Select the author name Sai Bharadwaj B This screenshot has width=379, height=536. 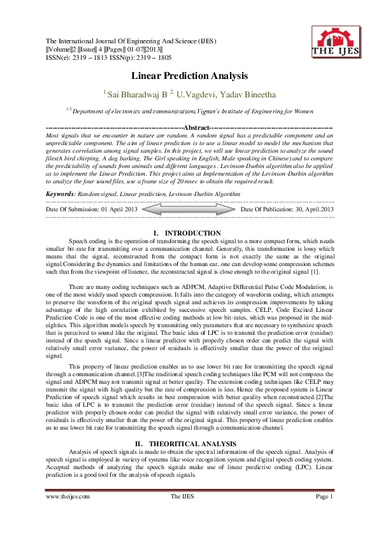(x=136, y=94)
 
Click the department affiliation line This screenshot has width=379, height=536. (x=189, y=111)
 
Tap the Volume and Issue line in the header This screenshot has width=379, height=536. (x=104, y=49)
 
